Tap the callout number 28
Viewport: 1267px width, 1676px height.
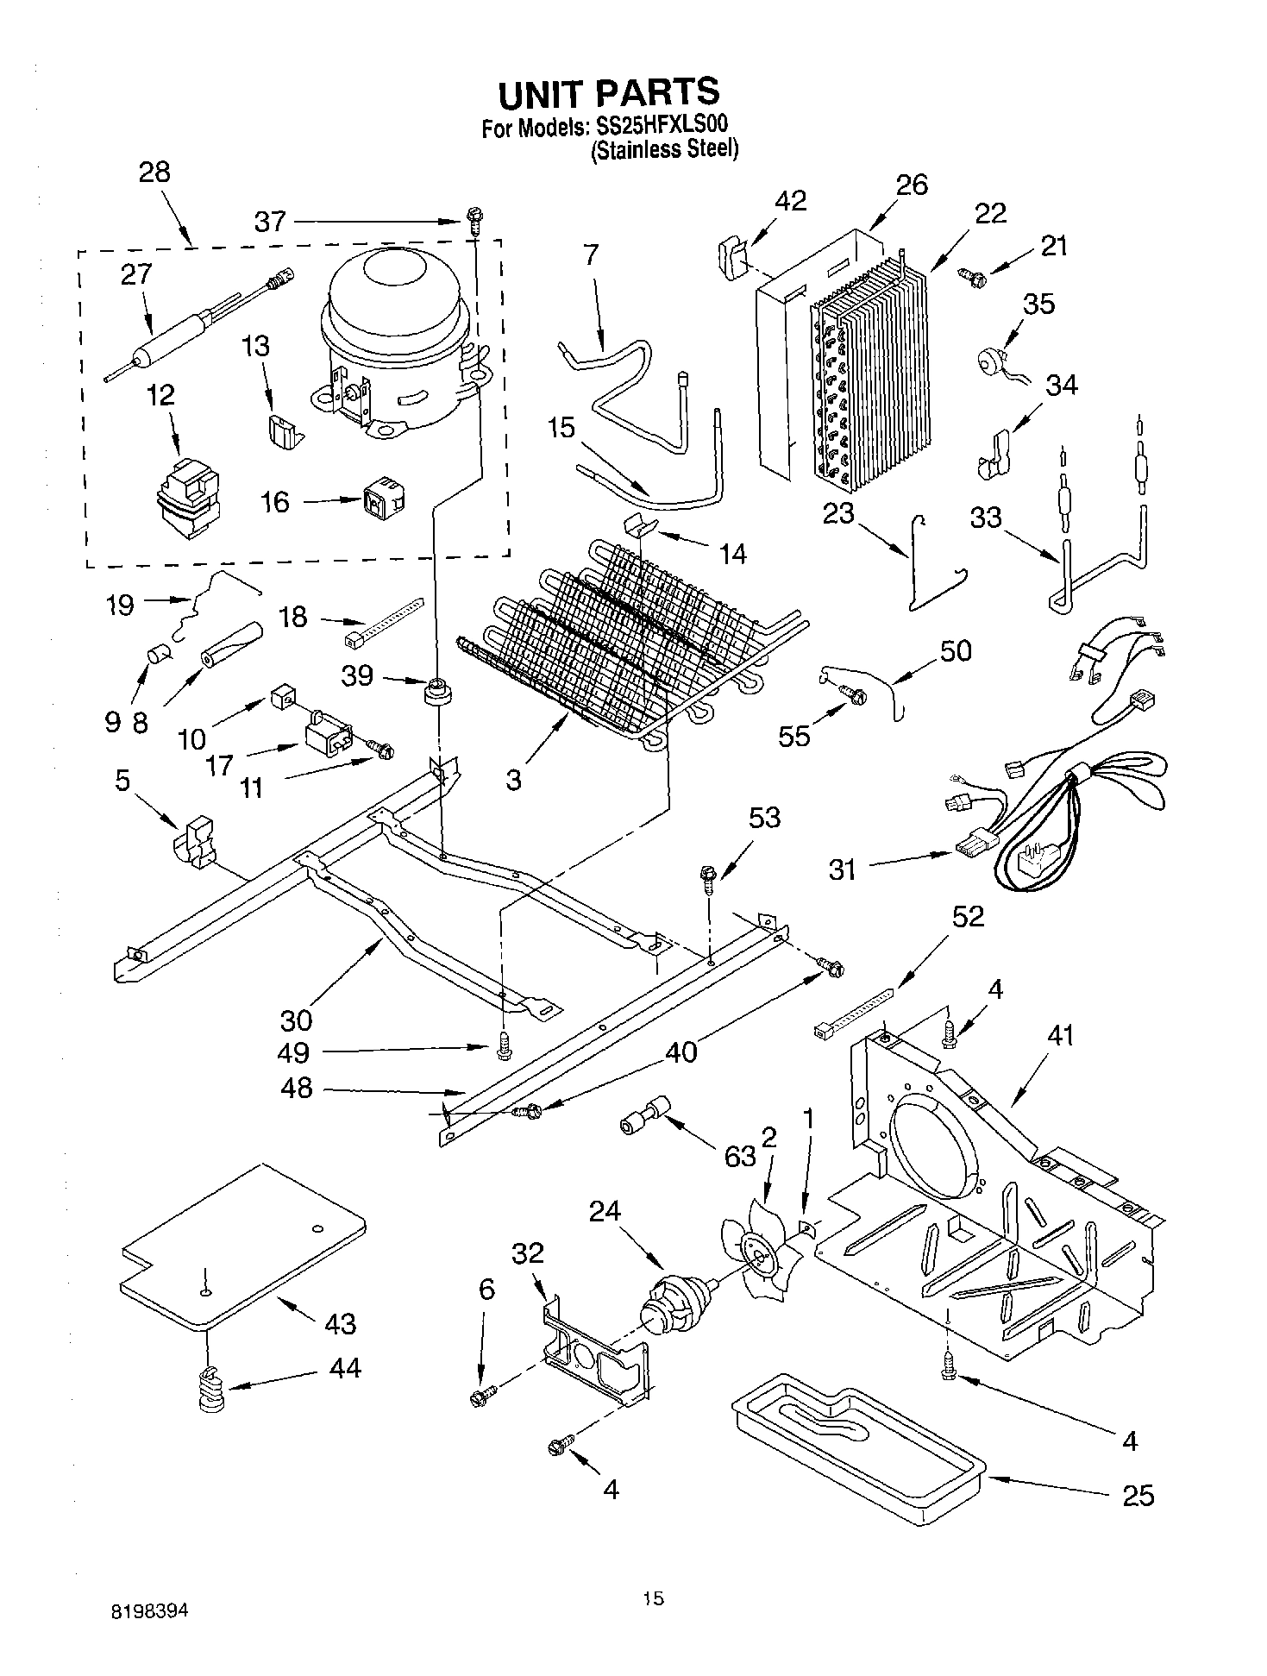(x=154, y=172)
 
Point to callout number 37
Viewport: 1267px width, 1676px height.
(x=270, y=222)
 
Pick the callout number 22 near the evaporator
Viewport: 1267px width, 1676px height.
(x=990, y=213)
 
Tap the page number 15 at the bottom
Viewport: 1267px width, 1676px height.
(x=653, y=1599)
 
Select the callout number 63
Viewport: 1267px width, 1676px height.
(x=739, y=1156)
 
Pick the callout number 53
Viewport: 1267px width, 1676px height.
(x=763, y=817)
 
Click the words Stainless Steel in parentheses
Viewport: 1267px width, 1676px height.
(x=664, y=149)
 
